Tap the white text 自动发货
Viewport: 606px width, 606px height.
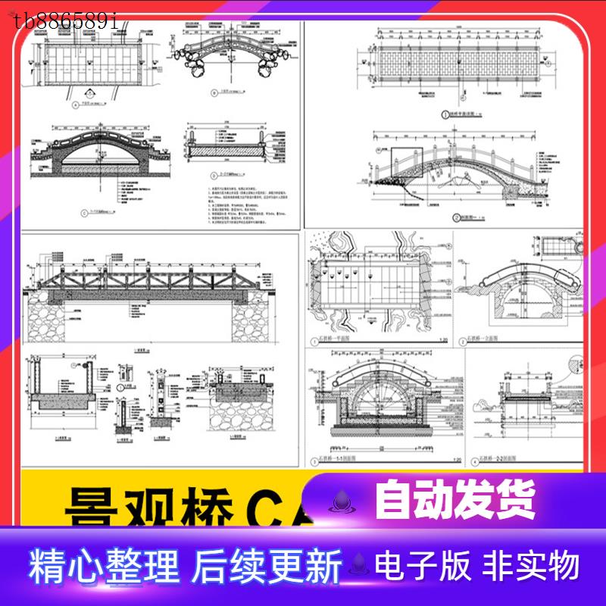coord(454,500)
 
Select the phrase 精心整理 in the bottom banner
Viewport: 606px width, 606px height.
coord(105,566)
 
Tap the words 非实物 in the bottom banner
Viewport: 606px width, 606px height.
coord(533,566)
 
